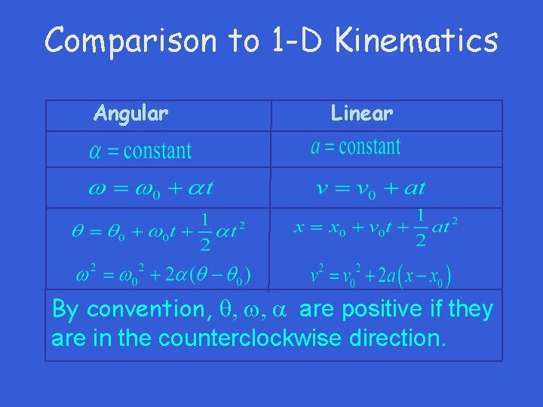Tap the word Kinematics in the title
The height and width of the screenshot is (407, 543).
click(417, 41)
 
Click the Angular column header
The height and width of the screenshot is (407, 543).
click(130, 114)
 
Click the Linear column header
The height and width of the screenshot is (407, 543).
click(361, 114)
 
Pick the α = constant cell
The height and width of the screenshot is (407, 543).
click(140, 151)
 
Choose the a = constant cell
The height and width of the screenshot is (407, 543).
click(355, 146)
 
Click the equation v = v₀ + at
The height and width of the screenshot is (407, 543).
click(371, 188)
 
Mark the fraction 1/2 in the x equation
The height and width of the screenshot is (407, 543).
click(420, 228)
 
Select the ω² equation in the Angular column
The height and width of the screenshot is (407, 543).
click(163, 274)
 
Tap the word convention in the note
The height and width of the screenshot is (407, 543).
click(141, 310)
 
